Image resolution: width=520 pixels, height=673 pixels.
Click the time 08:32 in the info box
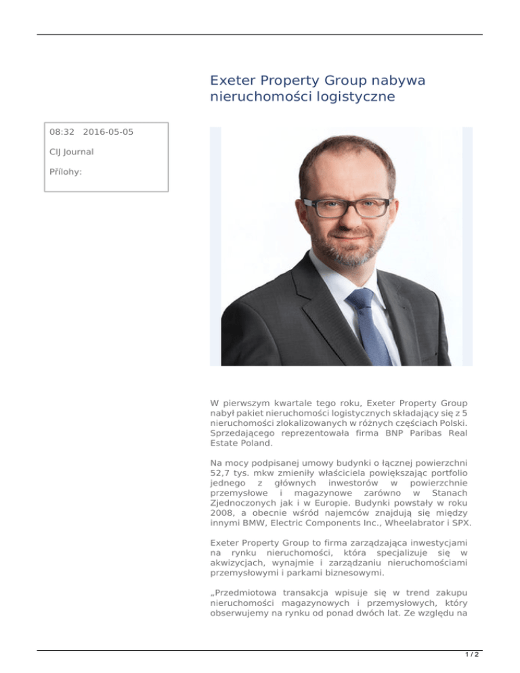62,131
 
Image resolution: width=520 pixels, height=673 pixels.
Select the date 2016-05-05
108,131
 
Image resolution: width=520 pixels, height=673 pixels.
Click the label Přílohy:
66,172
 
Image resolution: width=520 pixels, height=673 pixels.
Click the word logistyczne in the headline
352,98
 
